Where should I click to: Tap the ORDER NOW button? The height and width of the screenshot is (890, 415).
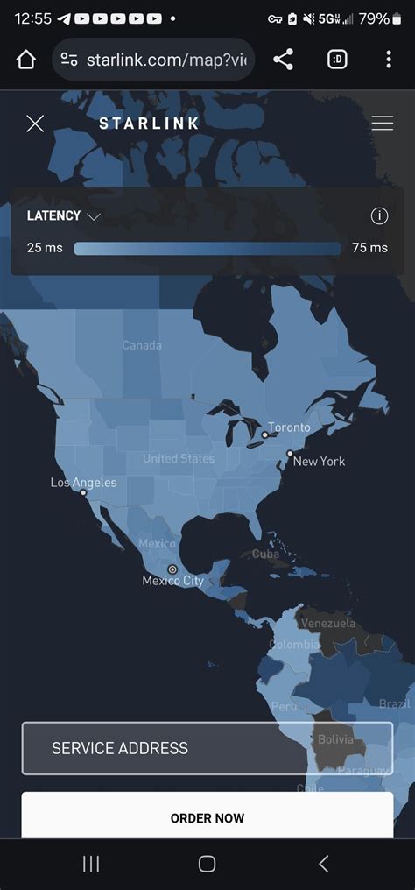pyautogui.click(x=207, y=817)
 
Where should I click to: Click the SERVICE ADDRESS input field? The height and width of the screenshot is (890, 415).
pyautogui.click(x=207, y=748)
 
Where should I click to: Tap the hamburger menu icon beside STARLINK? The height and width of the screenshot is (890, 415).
pyautogui.click(x=382, y=124)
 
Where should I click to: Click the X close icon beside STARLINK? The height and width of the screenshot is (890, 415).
pyautogui.click(x=35, y=124)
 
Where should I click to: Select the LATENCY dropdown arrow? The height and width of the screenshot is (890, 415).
pyautogui.click(x=94, y=216)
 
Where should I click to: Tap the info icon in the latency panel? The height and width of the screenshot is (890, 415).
pyautogui.click(x=379, y=216)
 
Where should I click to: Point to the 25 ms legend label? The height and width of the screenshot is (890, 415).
pyautogui.click(x=45, y=248)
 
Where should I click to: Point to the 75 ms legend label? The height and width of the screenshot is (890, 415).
pyautogui.click(x=369, y=248)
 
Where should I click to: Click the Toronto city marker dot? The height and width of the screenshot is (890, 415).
pyautogui.click(x=264, y=434)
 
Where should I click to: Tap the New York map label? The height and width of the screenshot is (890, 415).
pyautogui.click(x=319, y=461)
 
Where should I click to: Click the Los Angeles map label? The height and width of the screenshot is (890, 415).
pyautogui.click(x=83, y=483)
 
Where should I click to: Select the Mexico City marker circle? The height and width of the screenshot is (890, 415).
pyautogui.click(x=172, y=569)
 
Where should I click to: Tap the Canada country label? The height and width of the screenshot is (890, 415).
pyautogui.click(x=142, y=345)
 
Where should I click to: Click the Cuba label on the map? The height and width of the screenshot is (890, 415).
pyautogui.click(x=265, y=554)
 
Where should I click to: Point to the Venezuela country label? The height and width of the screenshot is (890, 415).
pyautogui.click(x=328, y=624)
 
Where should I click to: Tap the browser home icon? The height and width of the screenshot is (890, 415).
pyautogui.click(x=26, y=60)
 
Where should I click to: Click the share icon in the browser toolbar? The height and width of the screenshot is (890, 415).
pyautogui.click(x=283, y=60)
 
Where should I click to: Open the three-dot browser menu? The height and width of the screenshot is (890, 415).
pyautogui.click(x=389, y=60)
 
